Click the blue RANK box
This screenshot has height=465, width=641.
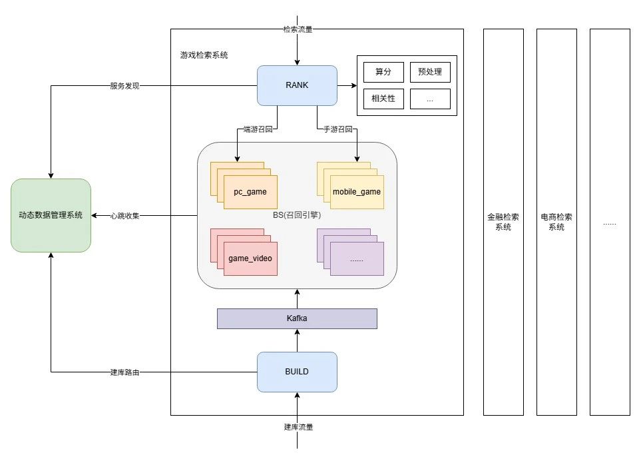coord(297,85)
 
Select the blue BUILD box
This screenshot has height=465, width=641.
coord(297,372)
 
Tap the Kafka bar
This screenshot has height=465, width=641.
coord(297,319)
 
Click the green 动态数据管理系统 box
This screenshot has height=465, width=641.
coord(51,215)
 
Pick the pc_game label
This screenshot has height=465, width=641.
coord(250,192)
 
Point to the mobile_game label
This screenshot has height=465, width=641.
coord(357,192)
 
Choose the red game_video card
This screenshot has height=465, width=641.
coord(250,258)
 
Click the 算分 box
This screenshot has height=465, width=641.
coord(383,72)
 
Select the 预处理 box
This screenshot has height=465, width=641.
coord(430,72)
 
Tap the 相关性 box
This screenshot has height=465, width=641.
coord(383,99)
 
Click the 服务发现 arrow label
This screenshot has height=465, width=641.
coord(124,86)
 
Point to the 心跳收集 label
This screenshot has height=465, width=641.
coord(124,215)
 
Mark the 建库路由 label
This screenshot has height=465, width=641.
coord(124,372)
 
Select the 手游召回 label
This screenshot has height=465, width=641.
coord(336,129)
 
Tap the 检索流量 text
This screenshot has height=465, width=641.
coord(298,29)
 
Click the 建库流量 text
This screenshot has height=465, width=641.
coord(298,427)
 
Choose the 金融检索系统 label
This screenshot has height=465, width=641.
coord(503,222)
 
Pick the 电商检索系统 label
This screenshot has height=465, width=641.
coord(556,222)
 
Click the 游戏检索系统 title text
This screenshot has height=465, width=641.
coord(204,55)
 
